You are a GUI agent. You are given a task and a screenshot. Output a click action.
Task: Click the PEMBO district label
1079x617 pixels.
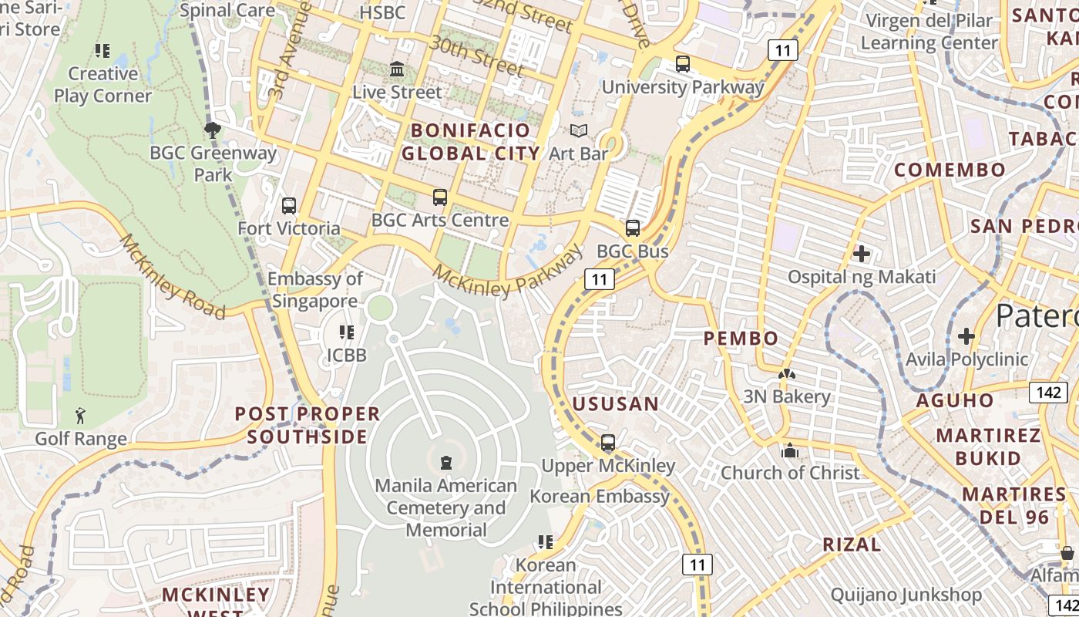click(x=741, y=338)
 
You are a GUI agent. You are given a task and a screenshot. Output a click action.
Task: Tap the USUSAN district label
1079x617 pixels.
click(x=615, y=404)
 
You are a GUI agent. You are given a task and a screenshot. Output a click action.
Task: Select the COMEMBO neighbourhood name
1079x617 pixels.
click(x=950, y=170)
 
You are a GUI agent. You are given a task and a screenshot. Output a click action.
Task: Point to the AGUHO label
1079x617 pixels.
click(x=955, y=400)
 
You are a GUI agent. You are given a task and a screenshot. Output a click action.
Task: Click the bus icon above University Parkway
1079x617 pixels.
click(x=682, y=64)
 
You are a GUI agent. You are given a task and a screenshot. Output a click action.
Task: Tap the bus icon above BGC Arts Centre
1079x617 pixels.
click(x=439, y=197)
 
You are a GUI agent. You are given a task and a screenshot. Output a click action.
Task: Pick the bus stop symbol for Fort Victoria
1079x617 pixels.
click(x=289, y=206)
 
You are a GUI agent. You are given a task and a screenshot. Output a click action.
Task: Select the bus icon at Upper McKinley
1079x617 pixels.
click(x=608, y=443)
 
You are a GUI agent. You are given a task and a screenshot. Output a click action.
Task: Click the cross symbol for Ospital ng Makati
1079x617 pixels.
click(x=862, y=254)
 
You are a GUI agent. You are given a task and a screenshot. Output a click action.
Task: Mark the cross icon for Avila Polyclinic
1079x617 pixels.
click(x=966, y=336)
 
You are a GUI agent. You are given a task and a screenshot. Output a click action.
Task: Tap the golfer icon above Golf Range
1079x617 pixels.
click(x=80, y=416)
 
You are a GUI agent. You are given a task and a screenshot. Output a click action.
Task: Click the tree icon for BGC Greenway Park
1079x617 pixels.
click(x=213, y=130)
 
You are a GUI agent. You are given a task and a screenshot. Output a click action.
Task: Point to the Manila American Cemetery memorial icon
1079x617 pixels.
click(x=445, y=463)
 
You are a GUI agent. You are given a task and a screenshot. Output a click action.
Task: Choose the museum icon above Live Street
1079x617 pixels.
click(x=397, y=69)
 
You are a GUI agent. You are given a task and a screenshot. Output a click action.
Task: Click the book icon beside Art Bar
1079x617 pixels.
click(x=578, y=131)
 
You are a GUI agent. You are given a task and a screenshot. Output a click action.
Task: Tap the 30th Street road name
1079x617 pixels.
click(x=476, y=56)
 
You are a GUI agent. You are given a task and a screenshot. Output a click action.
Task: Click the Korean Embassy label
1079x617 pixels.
click(x=599, y=496)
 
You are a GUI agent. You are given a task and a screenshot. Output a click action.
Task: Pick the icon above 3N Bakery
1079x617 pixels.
click(x=786, y=374)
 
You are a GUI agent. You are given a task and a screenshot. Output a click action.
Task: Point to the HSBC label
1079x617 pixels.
click(x=382, y=12)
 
